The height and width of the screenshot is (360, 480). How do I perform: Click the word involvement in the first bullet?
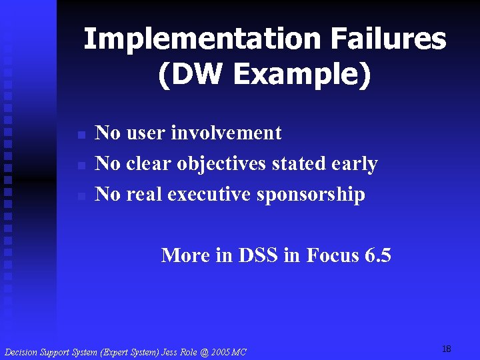click(226, 133)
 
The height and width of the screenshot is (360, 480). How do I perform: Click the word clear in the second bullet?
click(151, 164)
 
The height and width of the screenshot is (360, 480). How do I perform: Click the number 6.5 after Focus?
click(377, 255)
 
